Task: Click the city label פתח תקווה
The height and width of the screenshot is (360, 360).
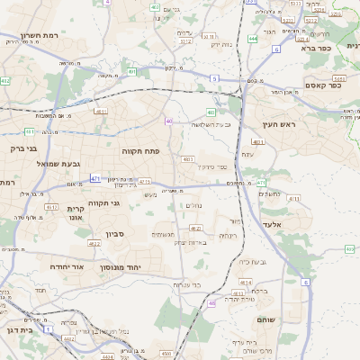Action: pyautogui.click(x=139, y=151)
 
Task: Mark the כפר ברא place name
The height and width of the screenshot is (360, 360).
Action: pyautogui.click(x=337, y=49)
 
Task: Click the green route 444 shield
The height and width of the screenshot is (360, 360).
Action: pyautogui.click(x=253, y=39)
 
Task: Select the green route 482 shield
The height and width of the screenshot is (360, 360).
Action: pyautogui.click(x=5, y=81)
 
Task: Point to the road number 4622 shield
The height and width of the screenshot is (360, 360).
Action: pyautogui.click(x=94, y=243)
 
